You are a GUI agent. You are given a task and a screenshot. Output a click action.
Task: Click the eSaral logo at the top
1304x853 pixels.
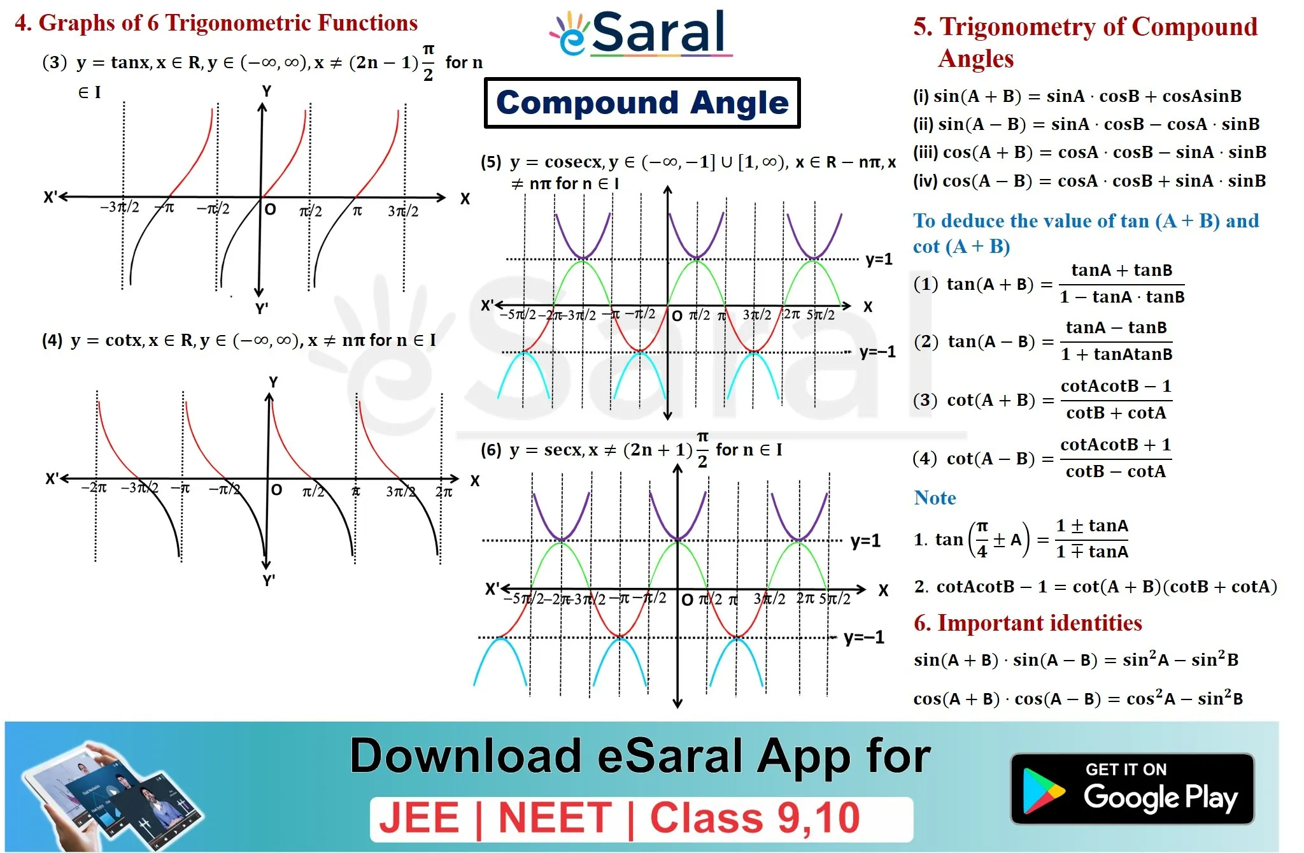point(641,33)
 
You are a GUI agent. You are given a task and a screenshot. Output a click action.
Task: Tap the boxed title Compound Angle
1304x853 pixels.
point(642,103)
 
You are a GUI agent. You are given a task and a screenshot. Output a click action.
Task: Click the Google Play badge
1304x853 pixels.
point(1132,789)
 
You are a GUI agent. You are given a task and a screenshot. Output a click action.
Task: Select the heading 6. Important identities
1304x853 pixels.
point(1028,623)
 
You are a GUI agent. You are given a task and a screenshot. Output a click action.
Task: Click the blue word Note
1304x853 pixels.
point(935,498)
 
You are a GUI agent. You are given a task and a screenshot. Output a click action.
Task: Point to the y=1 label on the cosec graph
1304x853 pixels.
point(879,260)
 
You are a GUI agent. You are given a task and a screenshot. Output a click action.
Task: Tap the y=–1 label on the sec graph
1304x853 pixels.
point(864,638)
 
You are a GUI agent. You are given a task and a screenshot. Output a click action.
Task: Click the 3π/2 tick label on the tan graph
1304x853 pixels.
point(403,211)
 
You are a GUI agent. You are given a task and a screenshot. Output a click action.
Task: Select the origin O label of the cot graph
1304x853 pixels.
point(276,490)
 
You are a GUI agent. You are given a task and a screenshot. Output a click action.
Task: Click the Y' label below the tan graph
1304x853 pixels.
point(262,309)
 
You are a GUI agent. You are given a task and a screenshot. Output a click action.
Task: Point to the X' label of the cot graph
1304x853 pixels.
point(52,479)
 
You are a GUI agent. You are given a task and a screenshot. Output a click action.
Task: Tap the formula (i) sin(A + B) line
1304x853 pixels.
point(1077,96)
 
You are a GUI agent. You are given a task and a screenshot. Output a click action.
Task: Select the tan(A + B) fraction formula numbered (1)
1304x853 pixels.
point(1049,284)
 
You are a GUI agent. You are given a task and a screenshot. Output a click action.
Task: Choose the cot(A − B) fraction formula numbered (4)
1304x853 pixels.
point(1042,458)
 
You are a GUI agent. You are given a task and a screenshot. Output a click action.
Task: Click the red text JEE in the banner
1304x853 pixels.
point(419,818)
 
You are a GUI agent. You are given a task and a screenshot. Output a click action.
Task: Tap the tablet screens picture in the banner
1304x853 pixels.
point(111,796)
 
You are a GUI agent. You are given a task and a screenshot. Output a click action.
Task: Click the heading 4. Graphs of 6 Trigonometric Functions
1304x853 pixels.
point(216,23)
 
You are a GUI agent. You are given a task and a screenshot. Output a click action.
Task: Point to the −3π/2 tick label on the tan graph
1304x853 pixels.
point(119,207)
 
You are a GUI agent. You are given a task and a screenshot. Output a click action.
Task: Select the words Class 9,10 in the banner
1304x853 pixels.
point(755,818)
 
